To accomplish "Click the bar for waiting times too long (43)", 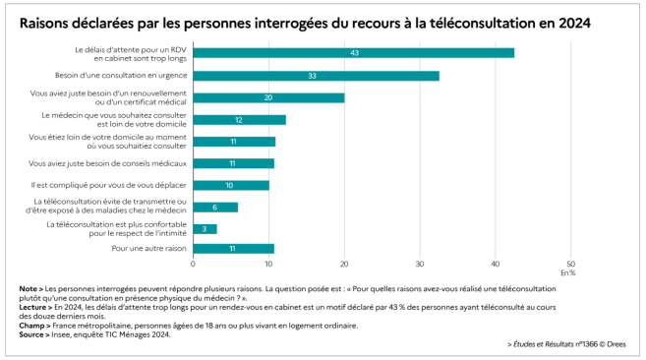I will point(353,53).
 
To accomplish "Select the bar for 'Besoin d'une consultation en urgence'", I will point(316,76).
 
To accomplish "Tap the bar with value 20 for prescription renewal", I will point(268,97).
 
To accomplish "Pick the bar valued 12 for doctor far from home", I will point(239,120).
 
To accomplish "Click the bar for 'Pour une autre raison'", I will point(233,249).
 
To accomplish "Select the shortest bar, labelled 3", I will point(205,227).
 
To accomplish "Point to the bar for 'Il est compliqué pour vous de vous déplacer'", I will point(231,185).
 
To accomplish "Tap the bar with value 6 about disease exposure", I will point(215,207).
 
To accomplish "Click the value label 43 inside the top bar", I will point(353,53).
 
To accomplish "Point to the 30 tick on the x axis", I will point(420,264).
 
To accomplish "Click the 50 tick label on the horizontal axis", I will point(571,264).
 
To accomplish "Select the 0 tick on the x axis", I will point(193,264).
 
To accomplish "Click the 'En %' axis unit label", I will point(568,272).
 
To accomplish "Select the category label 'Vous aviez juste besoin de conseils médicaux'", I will point(108,163).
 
